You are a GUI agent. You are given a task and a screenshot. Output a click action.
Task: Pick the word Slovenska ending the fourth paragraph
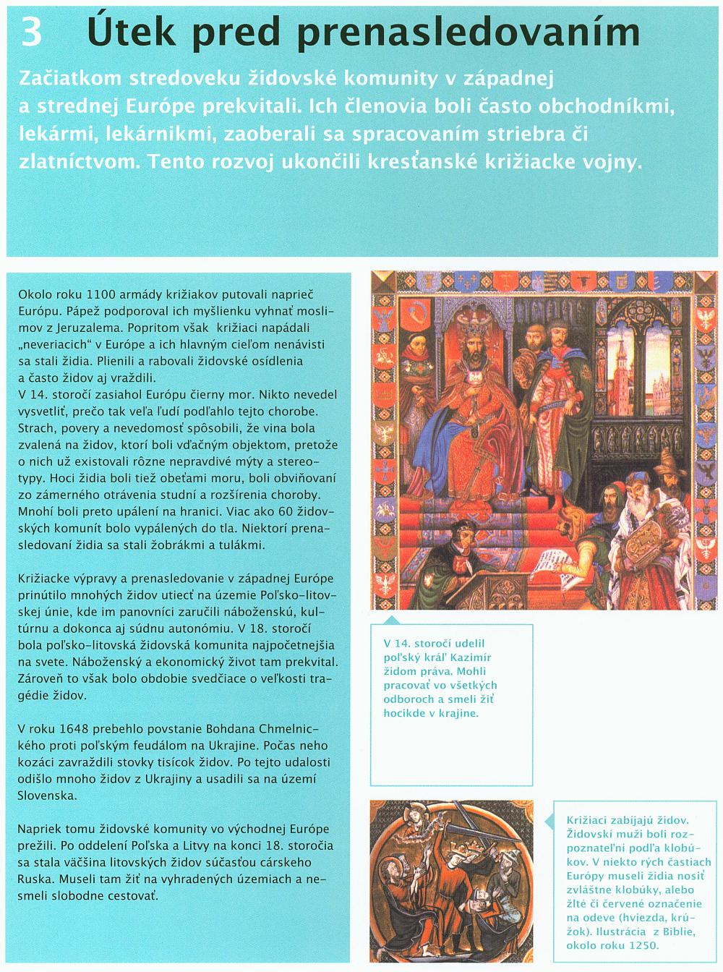point(46,794)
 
